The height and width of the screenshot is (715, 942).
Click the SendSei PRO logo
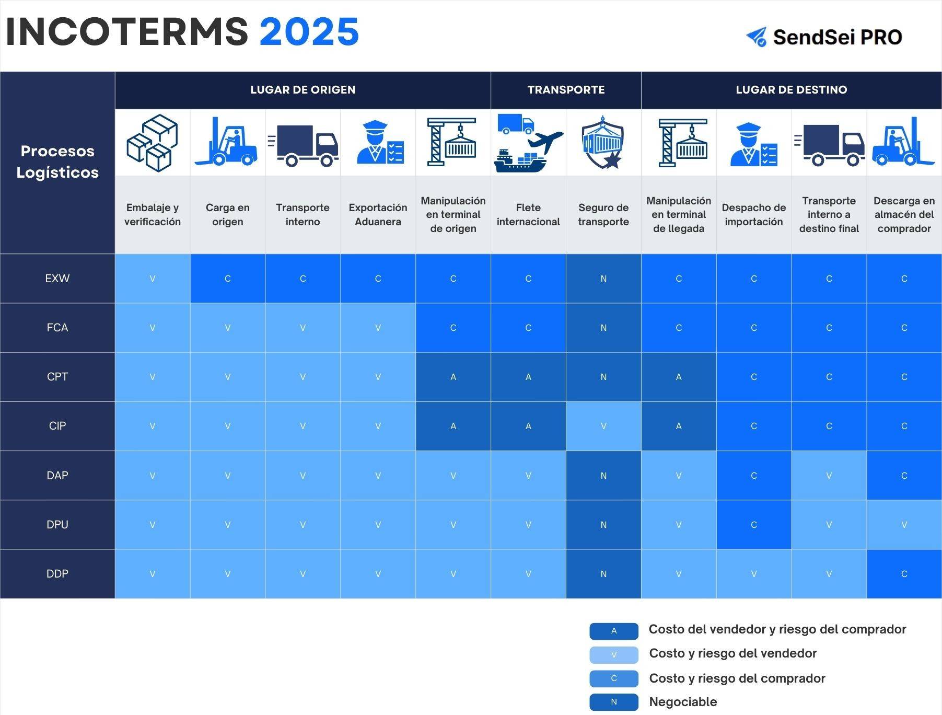pyautogui.click(x=824, y=37)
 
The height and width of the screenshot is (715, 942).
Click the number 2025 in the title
pyautogui.click(x=309, y=32)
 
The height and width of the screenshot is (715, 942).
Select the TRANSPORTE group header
pyautogui.click(x=566, y=90)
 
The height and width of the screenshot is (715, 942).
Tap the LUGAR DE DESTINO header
pyautogui.click(x=792, y=90)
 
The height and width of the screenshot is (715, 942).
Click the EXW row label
pyautogui.click(x=57, y=279)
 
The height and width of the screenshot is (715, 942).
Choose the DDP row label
pyautogui.click(x=57, y=574)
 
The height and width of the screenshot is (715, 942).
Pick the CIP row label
pyautogui.click(x=57, y=426)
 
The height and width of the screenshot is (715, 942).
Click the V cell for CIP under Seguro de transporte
pyautogui.click(x=603, y=426)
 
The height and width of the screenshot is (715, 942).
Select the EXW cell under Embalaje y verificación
pyautogui.click(x=153, y=279)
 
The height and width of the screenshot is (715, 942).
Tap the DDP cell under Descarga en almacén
pyautogui.click(x=904, y=574)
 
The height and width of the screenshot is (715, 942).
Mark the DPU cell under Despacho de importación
pyautogui.click(x=754, y=525)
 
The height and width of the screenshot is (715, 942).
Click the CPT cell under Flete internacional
pyautogui.click(x=528, y=377)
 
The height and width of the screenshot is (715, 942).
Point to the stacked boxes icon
pyautogui.click(x=152, y=143)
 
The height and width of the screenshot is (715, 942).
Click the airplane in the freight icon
pyautogui.click(x=545, y=142)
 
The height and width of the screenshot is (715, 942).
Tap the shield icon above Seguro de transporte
pyautogui.click(x=603, y=143)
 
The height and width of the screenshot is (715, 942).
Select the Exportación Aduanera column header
pyautogui.click(x=378, y=215)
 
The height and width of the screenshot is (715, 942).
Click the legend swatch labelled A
pyautogui.click(x=614, y=631)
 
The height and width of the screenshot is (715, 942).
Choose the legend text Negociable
pyautogui.click(x=683, y=702)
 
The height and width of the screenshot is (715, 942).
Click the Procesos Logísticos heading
pyautogui.click(x=57, y=162)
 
